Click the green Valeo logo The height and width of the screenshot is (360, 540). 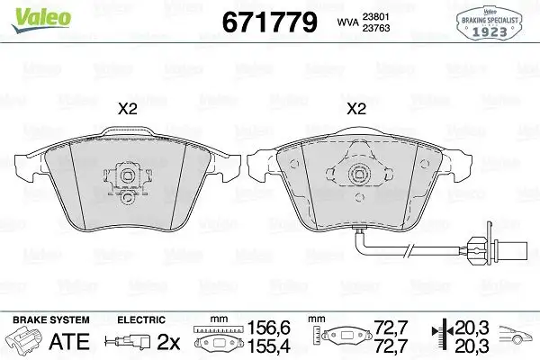pyautogui.click(x=41, y=20)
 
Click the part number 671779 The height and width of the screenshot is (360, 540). pyautogui.click(x=269, y=22)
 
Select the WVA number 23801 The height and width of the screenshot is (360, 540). pyautogui.click(x=376, y=17)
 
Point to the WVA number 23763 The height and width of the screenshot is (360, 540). pyautogui.click(x=376, y=28)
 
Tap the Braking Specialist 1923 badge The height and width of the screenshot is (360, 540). pyautogui.click(x=490, y=23)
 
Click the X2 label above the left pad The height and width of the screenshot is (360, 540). pyautogui.click(x=128, y=109)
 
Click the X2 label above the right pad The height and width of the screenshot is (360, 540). pyautogui.click(x=356, y=109)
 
